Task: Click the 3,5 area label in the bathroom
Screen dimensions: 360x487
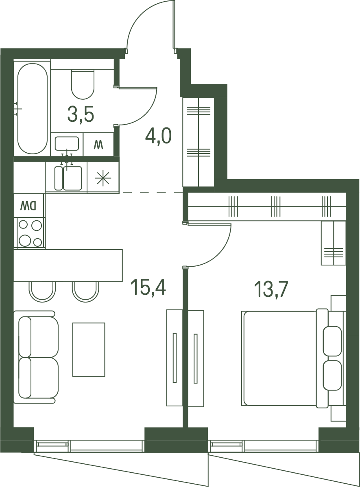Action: (81, 115)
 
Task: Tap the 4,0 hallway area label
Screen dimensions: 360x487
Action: (158, 137)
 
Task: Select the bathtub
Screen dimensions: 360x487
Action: (32, 108)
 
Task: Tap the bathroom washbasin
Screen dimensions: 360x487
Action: (67, 144)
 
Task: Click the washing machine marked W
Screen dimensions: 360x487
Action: (98, 145)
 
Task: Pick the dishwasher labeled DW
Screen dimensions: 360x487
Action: (29, 205)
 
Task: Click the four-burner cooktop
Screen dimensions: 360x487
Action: (29, 233)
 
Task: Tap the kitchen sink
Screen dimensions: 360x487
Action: (68, 178)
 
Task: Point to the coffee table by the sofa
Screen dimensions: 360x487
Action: (89, 349)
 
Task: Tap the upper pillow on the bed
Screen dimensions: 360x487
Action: (332, 341)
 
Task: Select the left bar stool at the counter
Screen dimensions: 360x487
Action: (42, 291)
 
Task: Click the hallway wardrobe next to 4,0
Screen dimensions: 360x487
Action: (199, 142)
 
